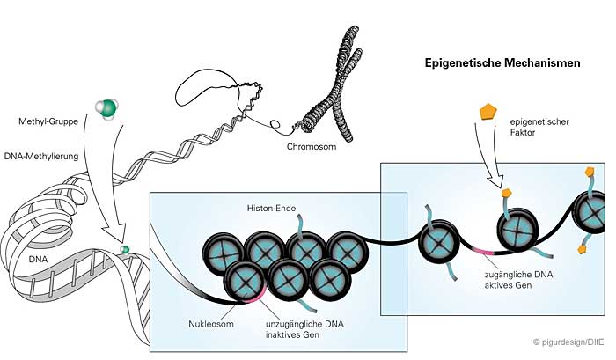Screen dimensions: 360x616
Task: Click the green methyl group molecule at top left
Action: (106, 109)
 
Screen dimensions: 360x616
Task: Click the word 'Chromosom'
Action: (313, 148)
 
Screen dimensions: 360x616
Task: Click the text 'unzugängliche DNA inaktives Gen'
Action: (298, 329)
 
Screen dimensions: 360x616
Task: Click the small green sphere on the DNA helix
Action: (125, 251)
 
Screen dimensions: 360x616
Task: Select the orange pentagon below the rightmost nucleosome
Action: (582, 250)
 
